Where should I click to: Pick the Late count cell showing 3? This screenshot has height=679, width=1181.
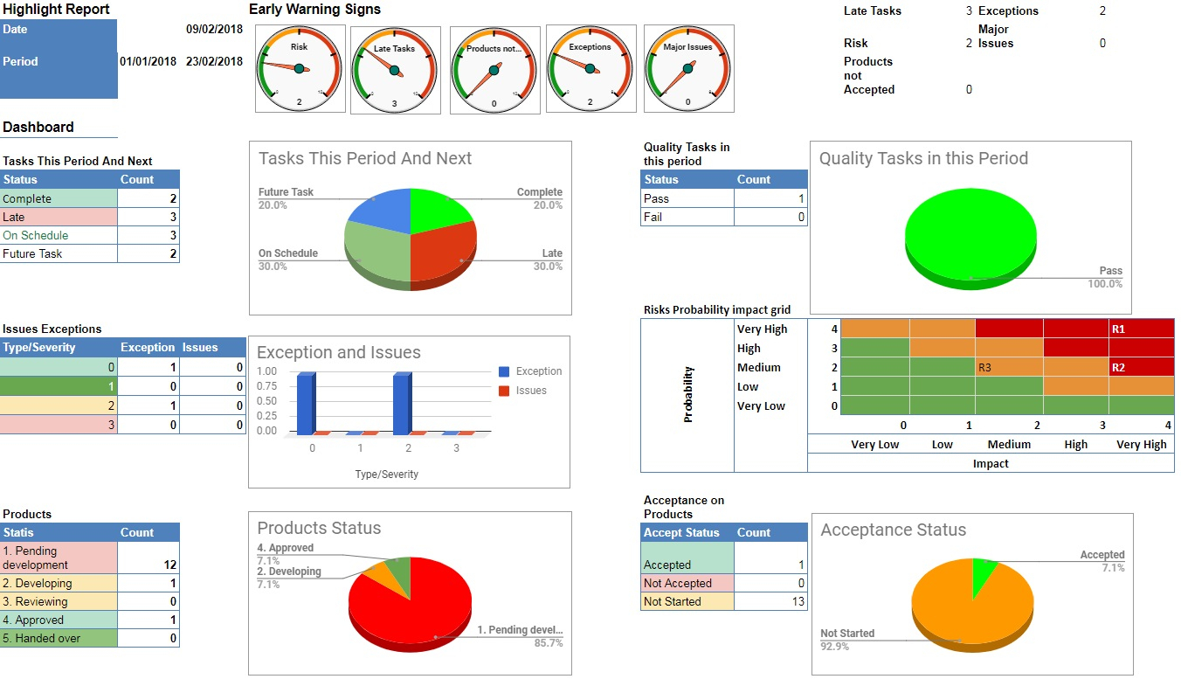[148, 217]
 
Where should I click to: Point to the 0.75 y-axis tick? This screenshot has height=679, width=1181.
[266, 386]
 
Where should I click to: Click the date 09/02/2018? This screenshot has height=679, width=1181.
[214, 29]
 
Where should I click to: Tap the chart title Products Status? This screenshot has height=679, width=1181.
[319, 528]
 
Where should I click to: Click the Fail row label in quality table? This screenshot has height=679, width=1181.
[653, 217]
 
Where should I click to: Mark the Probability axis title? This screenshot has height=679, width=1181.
[687, 394]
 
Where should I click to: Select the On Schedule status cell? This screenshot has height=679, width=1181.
[36, 235]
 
